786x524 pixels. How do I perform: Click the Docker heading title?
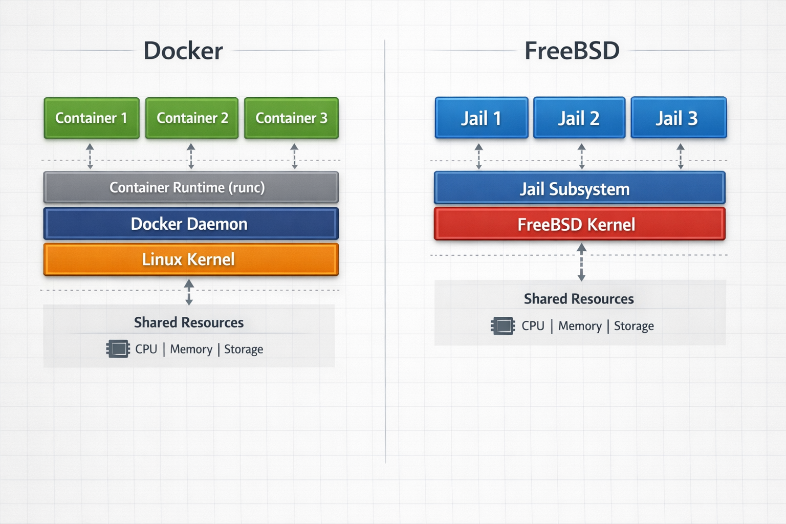183,51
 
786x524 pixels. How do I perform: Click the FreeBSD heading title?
572,51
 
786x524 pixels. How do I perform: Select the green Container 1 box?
92,118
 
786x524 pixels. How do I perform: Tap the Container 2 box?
192,118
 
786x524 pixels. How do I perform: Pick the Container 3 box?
291,118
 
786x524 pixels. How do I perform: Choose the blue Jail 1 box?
481,118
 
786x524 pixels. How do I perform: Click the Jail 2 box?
579,118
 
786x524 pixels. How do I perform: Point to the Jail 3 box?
679,118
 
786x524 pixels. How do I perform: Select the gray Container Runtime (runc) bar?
191,188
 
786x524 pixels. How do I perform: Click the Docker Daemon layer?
191,224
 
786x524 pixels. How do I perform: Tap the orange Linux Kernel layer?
191,259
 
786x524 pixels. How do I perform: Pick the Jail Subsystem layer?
579,188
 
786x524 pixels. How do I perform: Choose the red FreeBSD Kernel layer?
579,224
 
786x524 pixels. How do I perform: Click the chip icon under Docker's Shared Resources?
118,349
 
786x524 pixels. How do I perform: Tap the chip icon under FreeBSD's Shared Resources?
503,326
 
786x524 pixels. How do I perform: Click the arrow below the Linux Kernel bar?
189,292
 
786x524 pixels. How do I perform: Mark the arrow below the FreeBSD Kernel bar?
581,262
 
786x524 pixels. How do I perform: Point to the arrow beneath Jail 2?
581,156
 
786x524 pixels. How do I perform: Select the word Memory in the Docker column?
191,349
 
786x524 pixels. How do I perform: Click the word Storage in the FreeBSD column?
634,326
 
